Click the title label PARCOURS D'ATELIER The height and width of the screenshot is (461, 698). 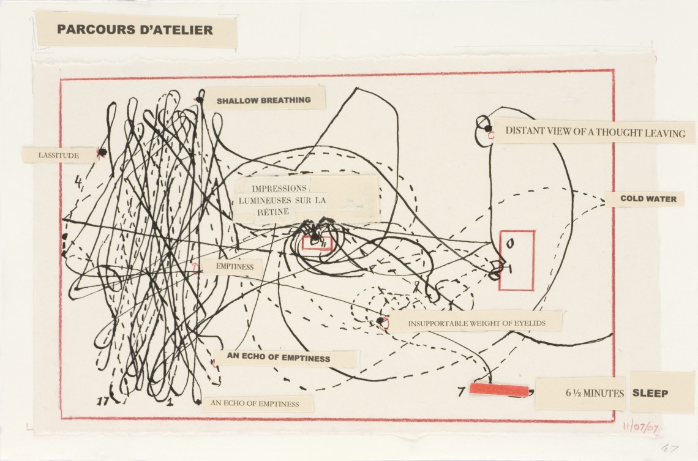pos(135,29)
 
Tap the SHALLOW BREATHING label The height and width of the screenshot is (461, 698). pos(263,100)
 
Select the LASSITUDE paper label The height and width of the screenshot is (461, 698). pos(59,156)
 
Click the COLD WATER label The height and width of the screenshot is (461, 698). pos(648,199)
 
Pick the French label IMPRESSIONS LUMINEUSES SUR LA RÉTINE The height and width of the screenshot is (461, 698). pos(283,200)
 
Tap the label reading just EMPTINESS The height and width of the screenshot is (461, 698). pos(230,267)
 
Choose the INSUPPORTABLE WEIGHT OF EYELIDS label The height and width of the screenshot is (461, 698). pos(476,321)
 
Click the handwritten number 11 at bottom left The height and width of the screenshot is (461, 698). pos(103,401)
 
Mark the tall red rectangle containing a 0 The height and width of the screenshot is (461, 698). pos(516,260)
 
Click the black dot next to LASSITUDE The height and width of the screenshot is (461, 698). pos(102,152)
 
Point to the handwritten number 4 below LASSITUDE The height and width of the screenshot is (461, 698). pos(78,181)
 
